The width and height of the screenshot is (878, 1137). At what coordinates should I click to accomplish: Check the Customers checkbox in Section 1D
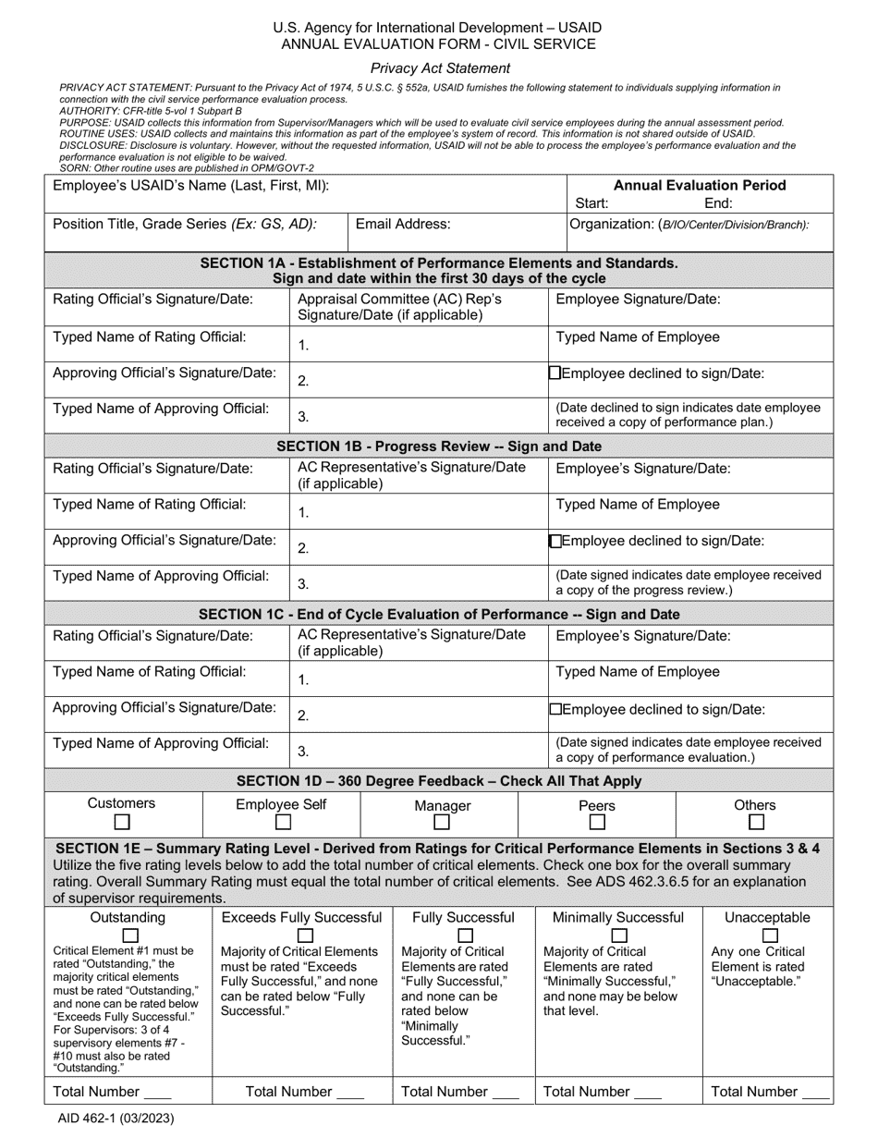point(122,822)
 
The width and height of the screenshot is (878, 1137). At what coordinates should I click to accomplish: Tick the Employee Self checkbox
point(284,822)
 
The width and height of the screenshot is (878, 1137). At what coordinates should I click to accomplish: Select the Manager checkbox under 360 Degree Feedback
point(442,822)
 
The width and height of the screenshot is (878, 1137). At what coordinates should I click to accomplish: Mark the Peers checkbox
point(598,822)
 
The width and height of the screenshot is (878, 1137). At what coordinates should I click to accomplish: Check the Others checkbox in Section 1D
point(756,822)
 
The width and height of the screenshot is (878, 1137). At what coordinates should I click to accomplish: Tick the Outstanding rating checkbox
point(130,935)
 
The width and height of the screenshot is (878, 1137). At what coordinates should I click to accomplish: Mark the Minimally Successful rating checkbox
point(618,935)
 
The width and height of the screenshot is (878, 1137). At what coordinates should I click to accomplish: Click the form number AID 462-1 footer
point(116,1117)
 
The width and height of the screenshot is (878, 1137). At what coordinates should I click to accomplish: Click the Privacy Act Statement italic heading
point(440,67)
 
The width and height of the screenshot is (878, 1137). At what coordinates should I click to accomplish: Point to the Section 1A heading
point(440,270)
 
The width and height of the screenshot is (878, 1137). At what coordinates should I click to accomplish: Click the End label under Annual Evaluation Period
point(718,203)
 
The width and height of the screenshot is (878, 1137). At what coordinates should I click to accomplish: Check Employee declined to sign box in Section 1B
point(555,542)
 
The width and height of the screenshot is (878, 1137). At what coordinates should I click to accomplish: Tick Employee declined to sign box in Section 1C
point(555,709)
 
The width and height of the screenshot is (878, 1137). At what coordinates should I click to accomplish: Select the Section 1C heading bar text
point(440,614)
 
